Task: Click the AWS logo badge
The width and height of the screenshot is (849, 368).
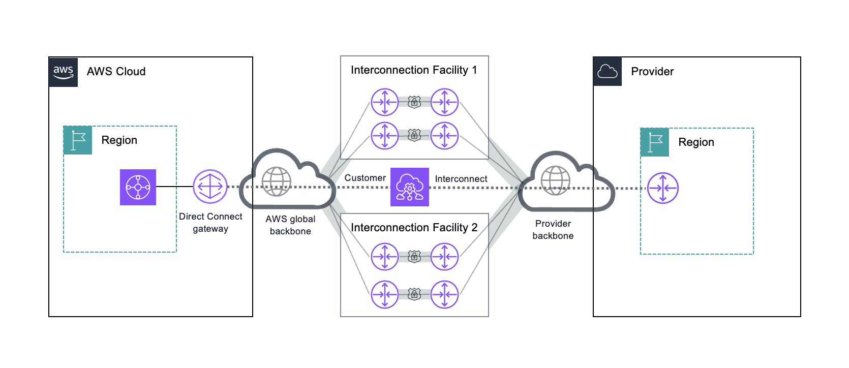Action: coord(64,72)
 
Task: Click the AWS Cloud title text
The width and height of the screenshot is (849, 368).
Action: coord(116,72)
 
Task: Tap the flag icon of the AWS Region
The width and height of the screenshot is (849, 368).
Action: coord(78,140)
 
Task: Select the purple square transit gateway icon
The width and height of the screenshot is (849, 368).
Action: coord(138,187)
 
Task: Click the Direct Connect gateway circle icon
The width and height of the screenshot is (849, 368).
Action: coord(210,187)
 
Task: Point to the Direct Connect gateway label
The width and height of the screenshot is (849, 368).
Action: coord(210,223)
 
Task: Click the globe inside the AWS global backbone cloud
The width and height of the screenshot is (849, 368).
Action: coord(276,181)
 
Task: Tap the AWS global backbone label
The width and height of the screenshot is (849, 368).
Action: coord(290,225)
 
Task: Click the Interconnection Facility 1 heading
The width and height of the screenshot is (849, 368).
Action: coord(414,70)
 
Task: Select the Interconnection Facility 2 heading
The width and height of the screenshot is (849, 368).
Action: coord(414,228)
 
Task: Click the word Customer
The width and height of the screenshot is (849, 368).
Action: coord(365,178)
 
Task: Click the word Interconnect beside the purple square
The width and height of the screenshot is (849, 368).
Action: coord(461,179)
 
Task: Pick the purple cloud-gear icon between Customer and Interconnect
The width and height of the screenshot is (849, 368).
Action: coord(410,187)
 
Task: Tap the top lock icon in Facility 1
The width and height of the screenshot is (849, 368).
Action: coord(414,103)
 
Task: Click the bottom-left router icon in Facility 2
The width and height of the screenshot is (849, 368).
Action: coord(385,294)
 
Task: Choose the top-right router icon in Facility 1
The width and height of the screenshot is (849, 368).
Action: coord(445,102)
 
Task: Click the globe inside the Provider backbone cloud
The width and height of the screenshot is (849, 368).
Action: coord(555,180)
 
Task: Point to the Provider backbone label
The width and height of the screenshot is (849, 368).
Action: coord(553,230)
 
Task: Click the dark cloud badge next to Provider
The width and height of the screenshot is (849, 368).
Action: coord(608,72)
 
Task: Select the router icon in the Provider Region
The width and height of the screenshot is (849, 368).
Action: coord(663,188)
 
